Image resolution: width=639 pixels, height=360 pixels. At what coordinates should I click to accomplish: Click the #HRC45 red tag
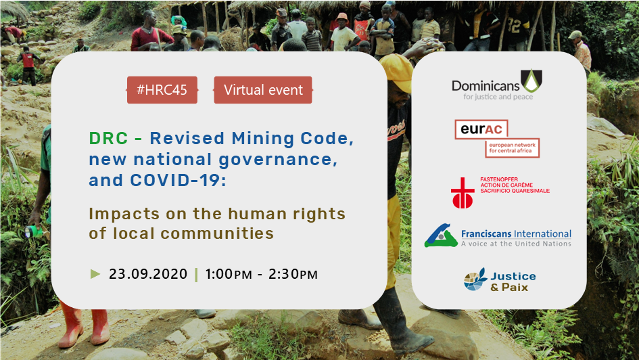[x=162, y=90]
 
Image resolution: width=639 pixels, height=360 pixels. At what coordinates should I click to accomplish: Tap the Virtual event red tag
[x=263, y=90]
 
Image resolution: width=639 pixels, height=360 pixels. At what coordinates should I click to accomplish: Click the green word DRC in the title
[x=108, y=139]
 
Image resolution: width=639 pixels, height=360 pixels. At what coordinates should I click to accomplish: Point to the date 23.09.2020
[x=148, y=274]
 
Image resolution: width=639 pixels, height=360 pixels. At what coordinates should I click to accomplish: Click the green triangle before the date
[x=95, y=273]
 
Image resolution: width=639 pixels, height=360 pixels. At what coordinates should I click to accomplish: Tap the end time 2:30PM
[x=293, y=274]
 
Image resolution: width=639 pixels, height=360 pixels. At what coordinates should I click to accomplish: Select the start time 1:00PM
[x=229, y=274]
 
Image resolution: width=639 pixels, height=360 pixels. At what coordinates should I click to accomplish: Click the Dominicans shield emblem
[x=531, y=81]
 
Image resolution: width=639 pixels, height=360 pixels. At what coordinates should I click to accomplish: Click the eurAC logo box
[x=497, y=139]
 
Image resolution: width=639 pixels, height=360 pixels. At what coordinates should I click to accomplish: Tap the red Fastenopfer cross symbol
[x=463, y=193]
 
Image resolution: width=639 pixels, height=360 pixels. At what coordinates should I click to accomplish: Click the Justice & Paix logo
[x=500, y=279]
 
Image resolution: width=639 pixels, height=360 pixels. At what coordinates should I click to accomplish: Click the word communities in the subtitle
[x=217, y=233]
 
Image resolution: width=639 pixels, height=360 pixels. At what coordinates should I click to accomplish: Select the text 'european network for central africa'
[x=513, y=148]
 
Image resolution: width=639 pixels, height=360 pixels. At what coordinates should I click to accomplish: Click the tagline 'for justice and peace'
[x=498, y=97]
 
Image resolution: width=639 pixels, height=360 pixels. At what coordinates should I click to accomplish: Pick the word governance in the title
[x=278, y=160]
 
